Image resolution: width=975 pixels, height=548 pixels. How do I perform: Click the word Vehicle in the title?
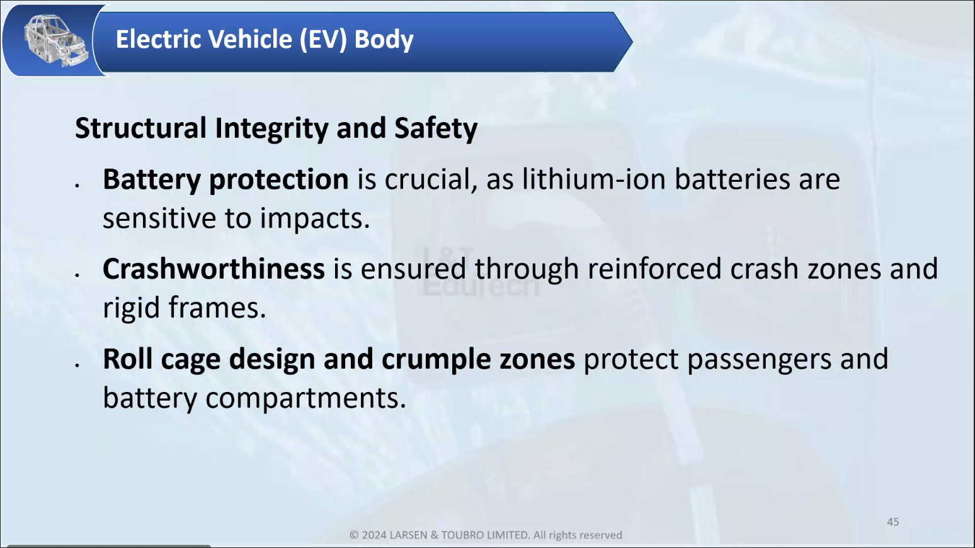250,39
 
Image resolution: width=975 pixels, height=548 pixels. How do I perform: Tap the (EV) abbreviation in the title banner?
323,40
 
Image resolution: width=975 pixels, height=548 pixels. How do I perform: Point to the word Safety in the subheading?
436,129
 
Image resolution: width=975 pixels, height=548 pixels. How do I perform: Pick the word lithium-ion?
594,179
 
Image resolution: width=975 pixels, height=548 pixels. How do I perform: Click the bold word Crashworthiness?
214,269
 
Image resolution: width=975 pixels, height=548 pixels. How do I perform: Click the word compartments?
305,399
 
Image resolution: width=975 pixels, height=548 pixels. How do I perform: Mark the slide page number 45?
892,522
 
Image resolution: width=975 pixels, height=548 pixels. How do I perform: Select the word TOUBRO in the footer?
462,535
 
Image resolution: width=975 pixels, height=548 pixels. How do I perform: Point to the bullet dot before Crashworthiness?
77,275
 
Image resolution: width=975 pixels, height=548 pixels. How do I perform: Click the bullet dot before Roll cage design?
77,365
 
